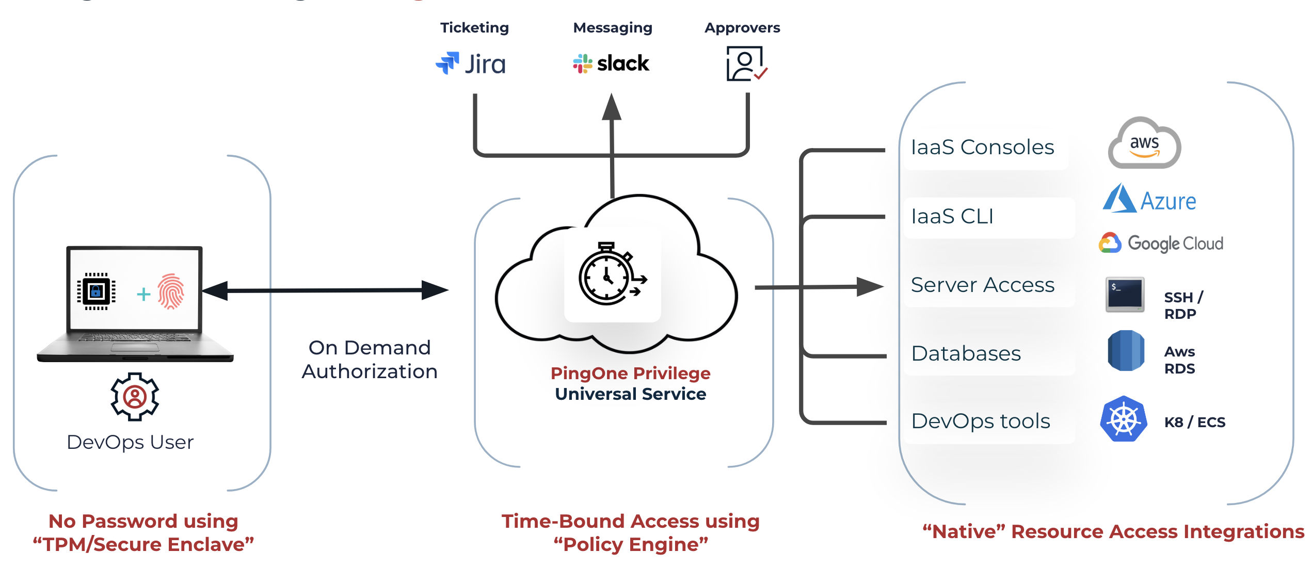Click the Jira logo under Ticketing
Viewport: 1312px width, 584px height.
pyautogui.click(x=471, y=64)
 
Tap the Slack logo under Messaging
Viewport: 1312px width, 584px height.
pyautogui.click(x=611, y=63)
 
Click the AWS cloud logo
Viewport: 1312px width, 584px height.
pyautogui.click(x=1144, y=143)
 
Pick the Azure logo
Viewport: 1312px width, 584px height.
pyautogui.click(x=1149, y=199)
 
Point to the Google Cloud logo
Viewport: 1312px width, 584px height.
pyautogui.click(x=1161, y=243)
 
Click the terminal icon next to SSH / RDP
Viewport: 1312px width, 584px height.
pyautogui.click(x=1125, y=295)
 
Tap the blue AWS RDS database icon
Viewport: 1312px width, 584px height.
pyautogui.click(x=1126, y=351)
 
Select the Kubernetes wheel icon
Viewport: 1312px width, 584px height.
pyautogui.click(x=1124, y=419)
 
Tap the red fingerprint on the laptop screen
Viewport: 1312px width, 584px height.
pyautogui.click(x=171, y=291)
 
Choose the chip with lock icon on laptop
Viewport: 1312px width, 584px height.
pyautogui.click(x=96, y=291)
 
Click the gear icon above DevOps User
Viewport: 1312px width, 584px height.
pyautogui.click(x=135, y=397)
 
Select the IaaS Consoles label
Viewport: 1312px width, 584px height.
pyautogui.click(x=982, y=148)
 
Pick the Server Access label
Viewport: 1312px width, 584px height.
pyautogui.click(x=982, y=285)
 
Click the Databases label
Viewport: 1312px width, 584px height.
pyautogui.click(x=966, y=354)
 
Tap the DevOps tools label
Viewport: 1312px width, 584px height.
pyautogui.click(x=980, y=421)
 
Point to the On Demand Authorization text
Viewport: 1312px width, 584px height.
pyautogui.click(x=370, y=360)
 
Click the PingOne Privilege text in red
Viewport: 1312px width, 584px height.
pyautogui.click(x=630, y=373)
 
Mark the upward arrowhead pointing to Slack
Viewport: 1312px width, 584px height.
pyautogui.click(x=612, y=107)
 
